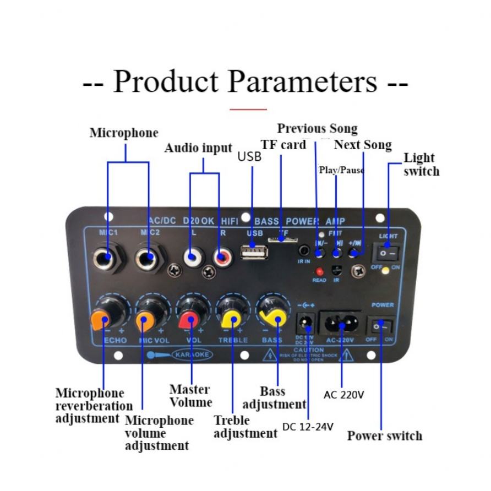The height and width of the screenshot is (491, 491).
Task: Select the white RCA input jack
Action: [192, 256]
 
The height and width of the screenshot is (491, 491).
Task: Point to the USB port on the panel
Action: [254, 254]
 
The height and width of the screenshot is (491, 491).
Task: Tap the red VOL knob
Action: [189, 318]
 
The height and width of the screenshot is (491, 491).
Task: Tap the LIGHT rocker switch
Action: [387, 253]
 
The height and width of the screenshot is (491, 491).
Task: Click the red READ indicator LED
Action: [319, 271]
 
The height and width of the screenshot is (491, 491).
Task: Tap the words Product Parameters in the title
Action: [245, 82]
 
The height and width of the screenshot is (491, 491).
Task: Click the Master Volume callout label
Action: [190, 396]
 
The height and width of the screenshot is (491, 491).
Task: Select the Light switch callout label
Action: [421, 165]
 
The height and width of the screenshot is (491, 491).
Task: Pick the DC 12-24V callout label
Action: [308, 427]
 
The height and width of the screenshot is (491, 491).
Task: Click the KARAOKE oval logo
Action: [192, 354]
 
